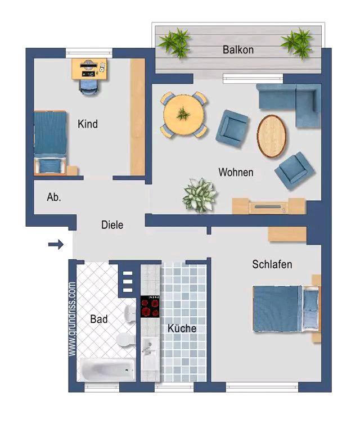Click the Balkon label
point(238,50)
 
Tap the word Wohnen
point(236,173)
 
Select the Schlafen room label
point(272,264)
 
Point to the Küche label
point(182,328)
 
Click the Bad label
point(99,319)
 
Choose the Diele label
point(112,225)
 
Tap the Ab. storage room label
point(54,197)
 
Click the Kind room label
point(88,124)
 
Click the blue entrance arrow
point(56,244)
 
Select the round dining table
point(184,114)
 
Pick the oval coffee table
point(272,136)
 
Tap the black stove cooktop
point(150,307)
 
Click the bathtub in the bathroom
point(107,370)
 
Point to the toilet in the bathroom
point(126,340)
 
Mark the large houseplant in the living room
point(200,195)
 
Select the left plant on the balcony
point(175,43)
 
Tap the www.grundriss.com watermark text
point(72,319)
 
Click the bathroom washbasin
point(130,313)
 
